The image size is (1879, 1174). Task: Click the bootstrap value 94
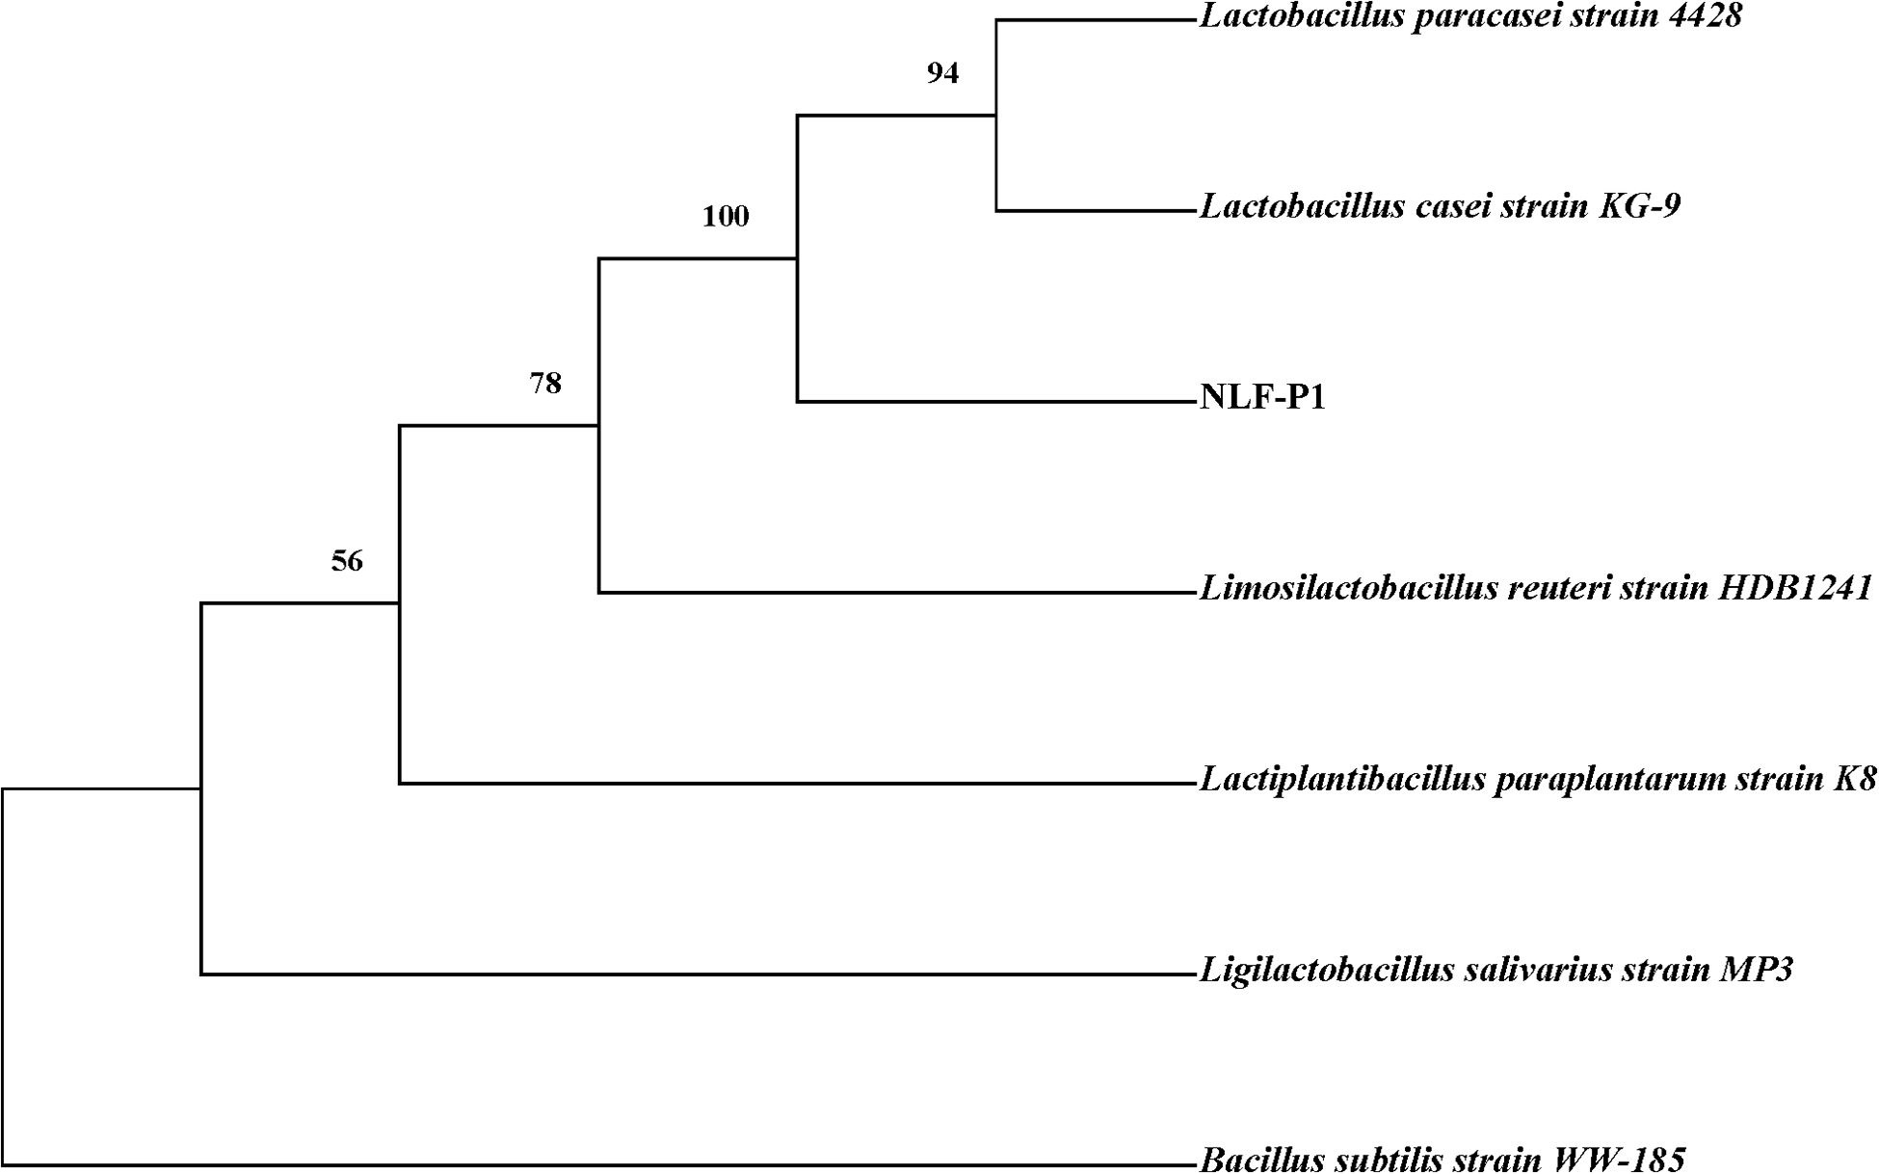[942, 73]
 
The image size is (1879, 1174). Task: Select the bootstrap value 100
[725, 216]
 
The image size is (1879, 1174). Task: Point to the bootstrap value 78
[544, 384]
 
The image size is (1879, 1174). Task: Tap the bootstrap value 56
[347, 561]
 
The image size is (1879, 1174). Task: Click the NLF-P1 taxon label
[1262, 397]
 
